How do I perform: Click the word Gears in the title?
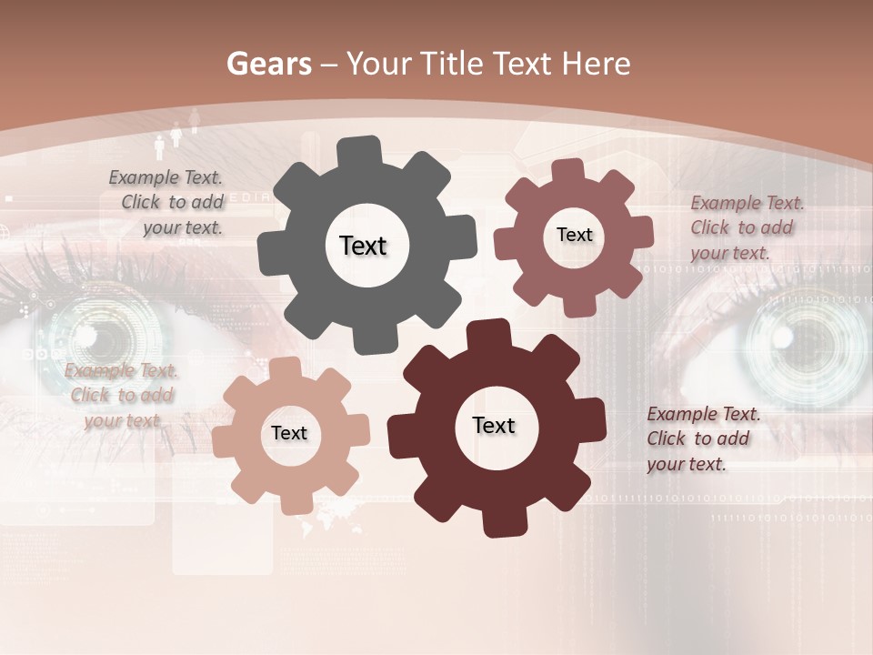[x=268, y=64]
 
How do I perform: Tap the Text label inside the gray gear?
[x=363, y=246]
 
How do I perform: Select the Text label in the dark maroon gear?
[x=494, y=425]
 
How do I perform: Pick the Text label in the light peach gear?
[x=289, y=433]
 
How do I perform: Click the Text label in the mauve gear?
[x=574, y=235]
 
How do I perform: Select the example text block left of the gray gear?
[x=168, y=203]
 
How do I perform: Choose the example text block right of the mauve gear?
[x=746, y=227]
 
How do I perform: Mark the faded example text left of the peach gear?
[x=121, y=395]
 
